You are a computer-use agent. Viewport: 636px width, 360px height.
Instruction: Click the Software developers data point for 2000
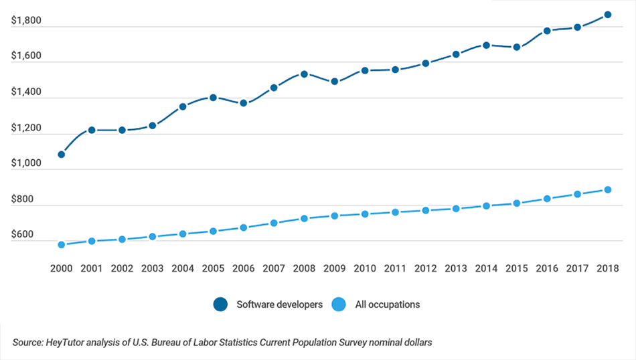coord(62,155)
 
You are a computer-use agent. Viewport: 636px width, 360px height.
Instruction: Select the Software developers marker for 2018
coord(608,15)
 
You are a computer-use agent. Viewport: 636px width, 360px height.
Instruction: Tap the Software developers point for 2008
coord(304,74)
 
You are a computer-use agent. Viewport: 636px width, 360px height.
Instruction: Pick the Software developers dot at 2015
coord(516,48)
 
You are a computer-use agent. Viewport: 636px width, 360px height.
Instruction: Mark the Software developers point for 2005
coord(213,98)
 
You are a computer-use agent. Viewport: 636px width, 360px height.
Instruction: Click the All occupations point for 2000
coord(62,245)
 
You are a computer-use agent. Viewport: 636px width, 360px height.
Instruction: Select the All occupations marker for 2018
coord(608,190)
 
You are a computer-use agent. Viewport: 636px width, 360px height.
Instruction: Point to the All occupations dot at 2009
coord(335,216)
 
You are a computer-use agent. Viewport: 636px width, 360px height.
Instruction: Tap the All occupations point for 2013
coord(456,209)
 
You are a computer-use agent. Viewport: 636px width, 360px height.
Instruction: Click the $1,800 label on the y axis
coord(26,21)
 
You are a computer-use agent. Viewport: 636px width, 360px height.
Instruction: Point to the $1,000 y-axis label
coord(26,163)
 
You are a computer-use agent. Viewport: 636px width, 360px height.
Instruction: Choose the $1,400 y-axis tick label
coord(26,92)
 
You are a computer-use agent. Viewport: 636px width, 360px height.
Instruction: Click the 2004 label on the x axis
coord(183,268)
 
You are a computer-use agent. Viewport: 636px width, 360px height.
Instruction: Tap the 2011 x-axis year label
coord(395,268)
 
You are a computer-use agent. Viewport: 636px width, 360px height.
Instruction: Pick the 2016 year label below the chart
coord(547,268)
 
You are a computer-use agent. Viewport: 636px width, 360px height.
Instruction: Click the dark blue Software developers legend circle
coord(221,304)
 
